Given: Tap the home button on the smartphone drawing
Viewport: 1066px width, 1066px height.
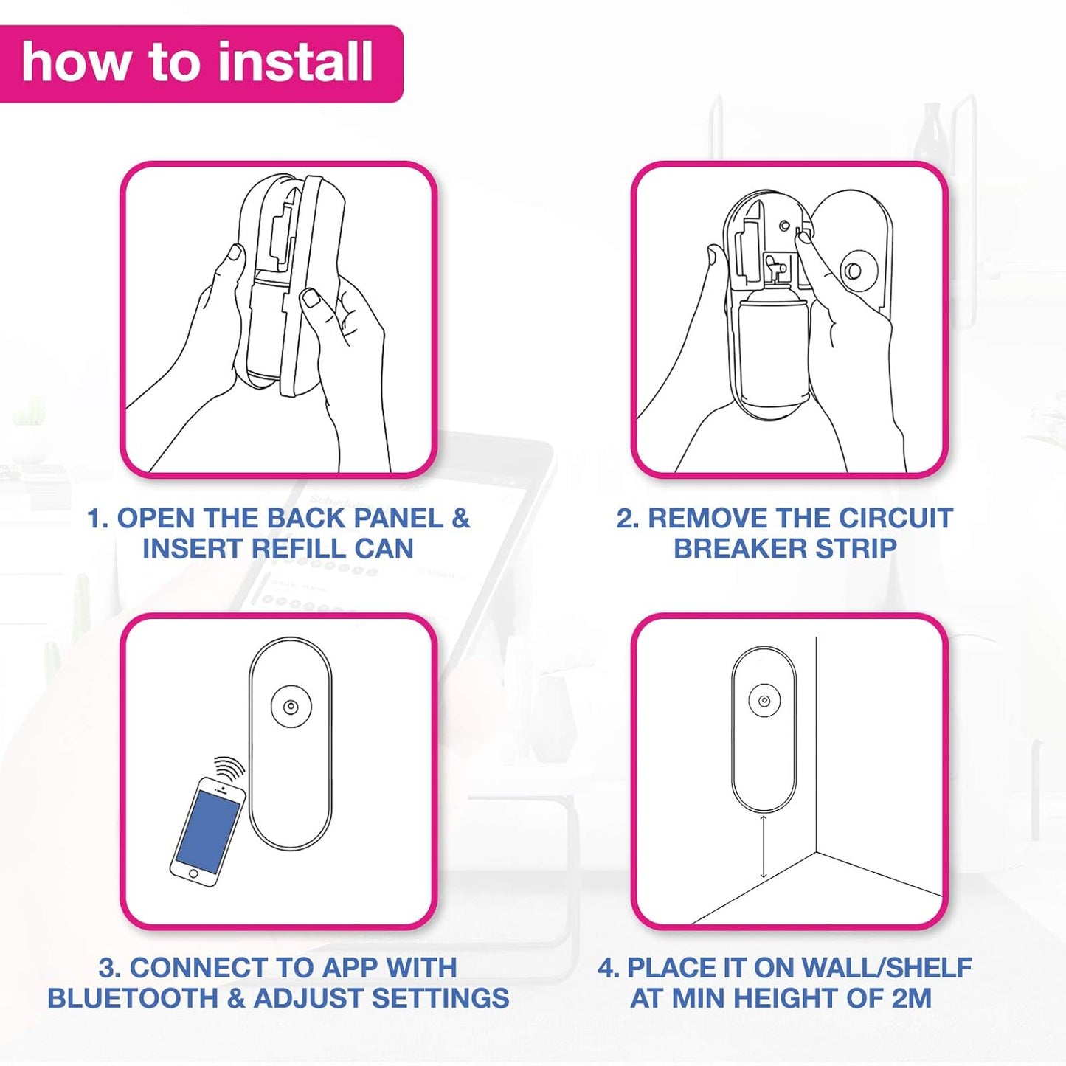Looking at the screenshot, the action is coord(193,873).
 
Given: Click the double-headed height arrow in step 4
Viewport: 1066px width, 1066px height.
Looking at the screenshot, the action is coord(764,846).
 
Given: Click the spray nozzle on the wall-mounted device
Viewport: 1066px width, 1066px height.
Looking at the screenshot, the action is coord(765,702).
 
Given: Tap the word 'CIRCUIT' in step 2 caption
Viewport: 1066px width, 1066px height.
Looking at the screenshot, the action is coord(896,518).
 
